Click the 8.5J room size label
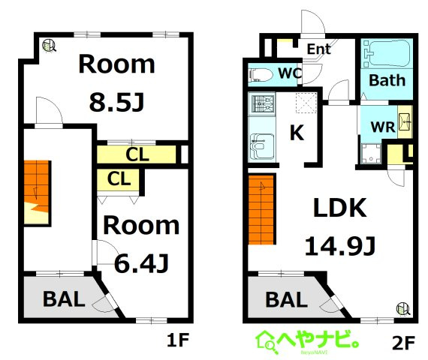point(116,102)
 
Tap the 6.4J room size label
point(141,263)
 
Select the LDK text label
point(340,208)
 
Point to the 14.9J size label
point(340,246)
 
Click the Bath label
point(387,80)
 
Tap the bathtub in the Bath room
point(387,53)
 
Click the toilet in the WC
point(261,75)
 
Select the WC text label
point(290,73)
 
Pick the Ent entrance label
point(319,49)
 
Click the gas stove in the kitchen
point(262,104)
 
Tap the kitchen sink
point(262,146)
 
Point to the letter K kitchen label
point(297,133)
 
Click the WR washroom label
point(383,127)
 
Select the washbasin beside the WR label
point(404,121)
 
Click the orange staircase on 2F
point(261,210)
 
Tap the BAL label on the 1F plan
point(64,299)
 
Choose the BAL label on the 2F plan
point(287,299)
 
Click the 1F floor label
point(178,340)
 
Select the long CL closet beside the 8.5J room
point(137,154)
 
